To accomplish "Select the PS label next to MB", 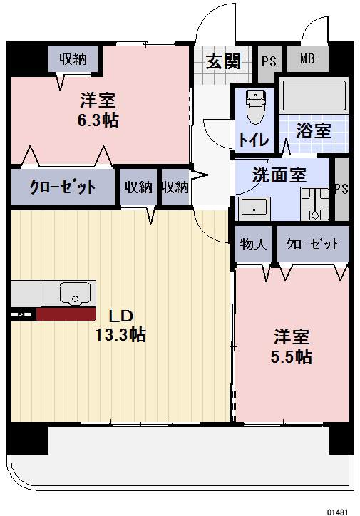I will pos(268,60).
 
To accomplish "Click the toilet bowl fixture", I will pos(254,109).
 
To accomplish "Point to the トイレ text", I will pos(254,140).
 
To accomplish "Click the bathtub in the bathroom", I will pos(314,95).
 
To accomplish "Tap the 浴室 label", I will pos(314,131).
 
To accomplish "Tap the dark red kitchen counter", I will pos(66,314).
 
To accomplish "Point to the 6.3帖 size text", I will pos(98,120).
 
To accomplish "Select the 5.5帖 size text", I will pos(292,356).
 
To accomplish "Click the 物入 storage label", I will pos(254,244).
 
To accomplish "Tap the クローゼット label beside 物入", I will pos(312,244).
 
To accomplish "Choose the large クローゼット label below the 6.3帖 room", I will pos(62,187).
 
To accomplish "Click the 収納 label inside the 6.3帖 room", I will pos(73,58).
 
